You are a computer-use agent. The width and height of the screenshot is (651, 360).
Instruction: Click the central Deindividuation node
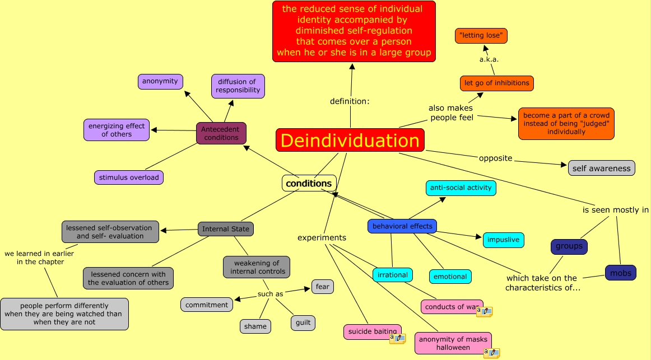[350, 140]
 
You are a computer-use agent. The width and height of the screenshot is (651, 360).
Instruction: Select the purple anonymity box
[160, 81]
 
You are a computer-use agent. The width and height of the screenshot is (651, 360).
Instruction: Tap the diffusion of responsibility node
[238, 86]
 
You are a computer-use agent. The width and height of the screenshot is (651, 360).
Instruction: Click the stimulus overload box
[129, 177]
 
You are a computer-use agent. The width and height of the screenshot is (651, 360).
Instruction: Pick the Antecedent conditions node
[221, 133]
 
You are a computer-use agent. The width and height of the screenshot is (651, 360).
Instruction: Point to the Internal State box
[226, 229]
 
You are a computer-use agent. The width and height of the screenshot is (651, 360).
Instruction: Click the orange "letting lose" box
[481, 36]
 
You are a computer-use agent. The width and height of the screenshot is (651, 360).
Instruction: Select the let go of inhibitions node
[496, 83]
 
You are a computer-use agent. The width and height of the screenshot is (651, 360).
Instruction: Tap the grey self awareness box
[601, 168]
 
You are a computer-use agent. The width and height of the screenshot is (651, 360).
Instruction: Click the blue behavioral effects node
[402, 226]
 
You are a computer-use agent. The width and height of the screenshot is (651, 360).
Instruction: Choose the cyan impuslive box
[503, 240]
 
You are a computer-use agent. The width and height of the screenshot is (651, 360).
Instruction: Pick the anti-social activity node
[461, 188]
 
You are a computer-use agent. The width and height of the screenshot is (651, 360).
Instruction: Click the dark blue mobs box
[621, 273]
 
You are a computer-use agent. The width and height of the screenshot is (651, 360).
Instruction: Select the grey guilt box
[303, 323]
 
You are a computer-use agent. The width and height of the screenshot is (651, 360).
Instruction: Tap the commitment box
[207, 305]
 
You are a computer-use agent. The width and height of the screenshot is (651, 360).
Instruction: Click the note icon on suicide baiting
[397, 338]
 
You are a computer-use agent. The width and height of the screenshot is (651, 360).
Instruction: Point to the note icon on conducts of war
[484, 312]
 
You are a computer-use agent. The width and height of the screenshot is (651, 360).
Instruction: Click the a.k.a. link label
[489, 59]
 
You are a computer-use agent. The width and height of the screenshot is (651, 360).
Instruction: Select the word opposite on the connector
[495, 158]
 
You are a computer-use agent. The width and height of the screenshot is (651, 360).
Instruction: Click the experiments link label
[322, 238]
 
